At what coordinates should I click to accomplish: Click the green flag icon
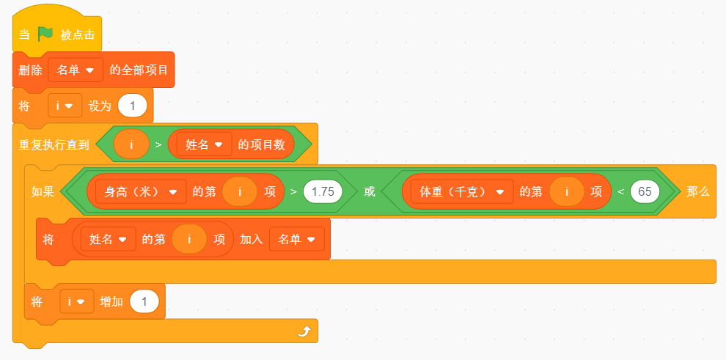[x=45, y=34]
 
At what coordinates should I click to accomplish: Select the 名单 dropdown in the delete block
[x=76, y=70]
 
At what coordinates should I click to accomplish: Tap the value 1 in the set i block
[x=133, y=106]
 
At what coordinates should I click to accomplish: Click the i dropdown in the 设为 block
[x=65, y=106]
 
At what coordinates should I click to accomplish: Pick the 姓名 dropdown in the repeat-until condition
[x=204, y=144]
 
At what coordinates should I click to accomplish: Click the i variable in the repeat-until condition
[x=131, y=144]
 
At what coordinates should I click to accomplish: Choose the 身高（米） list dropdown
[x=141, y=191]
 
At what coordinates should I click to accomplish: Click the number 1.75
[x=323, y=191]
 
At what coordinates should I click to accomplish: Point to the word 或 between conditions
[x=369, y=191]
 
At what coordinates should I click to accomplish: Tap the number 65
[x=645, y=191]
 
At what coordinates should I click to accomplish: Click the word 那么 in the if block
[x=697, y=192]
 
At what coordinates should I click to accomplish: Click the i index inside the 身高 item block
[x=240, y=191]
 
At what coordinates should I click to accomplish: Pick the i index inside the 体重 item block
[x=567, y=191]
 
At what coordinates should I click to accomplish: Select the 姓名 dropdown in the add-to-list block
[x=109, y=239]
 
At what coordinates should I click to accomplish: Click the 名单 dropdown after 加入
[x=297, y=239]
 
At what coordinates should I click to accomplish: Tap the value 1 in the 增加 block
[x=144, y=301]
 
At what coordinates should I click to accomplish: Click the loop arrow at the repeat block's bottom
[x=304, y=331]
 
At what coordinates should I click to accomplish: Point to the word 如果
[x=43, y=192]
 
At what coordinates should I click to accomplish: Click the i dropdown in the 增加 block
[x=77, y=301]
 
